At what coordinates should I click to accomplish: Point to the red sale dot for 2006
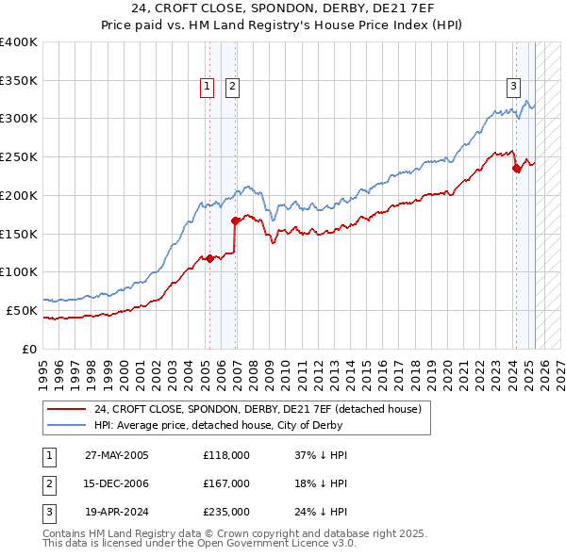pyautogui.click(x=235, y=221)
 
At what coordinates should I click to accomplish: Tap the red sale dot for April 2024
pyautogui.click(x=516, y=169)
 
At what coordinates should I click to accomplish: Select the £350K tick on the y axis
pyautogui.click(x=20, y=80)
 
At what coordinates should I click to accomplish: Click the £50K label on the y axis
pyautogui.click(x=23, y=310)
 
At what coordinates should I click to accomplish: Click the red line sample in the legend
pyautogui.click(x=68, y=409)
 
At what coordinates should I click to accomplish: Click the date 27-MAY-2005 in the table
pyautogui.click(x=117, y=455)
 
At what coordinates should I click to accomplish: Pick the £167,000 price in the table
pyautogui.click(x=226, y=483)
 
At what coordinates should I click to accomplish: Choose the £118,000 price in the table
pyautogui.click(x=226, y=455)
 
